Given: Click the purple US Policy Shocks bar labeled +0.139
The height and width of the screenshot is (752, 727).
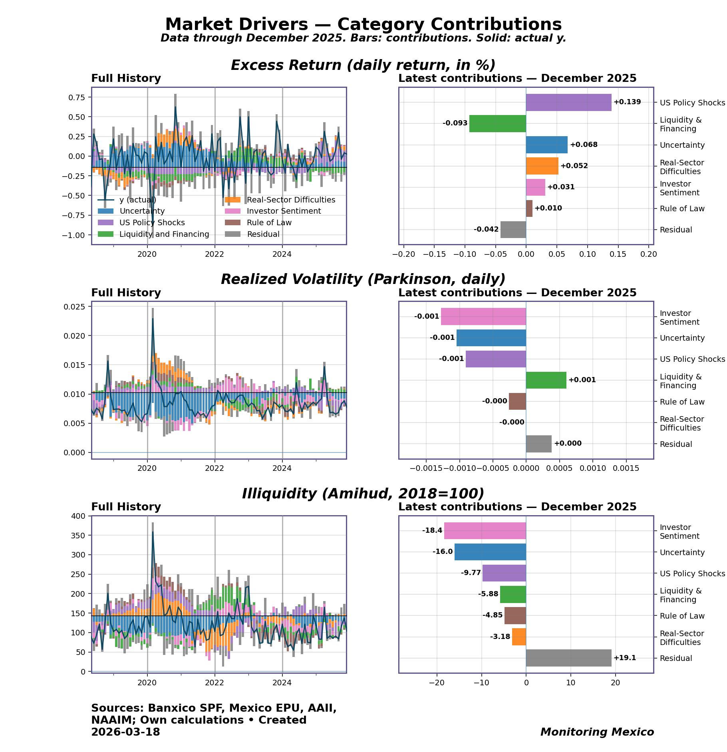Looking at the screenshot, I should point(568,102).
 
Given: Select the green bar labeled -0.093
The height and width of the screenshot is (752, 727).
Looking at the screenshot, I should point(497,123).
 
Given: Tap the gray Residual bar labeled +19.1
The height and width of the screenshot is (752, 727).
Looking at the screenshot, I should point(568,658).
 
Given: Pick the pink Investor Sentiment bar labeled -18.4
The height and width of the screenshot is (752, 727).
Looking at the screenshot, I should point(485,531).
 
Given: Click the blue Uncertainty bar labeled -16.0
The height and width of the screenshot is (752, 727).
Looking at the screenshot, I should point(490,552).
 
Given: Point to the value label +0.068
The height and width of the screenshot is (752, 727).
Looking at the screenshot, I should point(584,145).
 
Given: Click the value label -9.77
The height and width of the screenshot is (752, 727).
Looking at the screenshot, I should point(471,573).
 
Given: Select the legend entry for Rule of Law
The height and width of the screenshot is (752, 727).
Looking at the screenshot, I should point(269,223).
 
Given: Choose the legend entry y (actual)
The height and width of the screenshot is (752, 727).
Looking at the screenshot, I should point(137,200).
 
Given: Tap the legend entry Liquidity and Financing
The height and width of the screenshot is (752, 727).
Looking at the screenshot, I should point(164,234).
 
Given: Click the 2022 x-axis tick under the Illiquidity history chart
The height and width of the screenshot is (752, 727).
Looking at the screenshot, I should point(215,683).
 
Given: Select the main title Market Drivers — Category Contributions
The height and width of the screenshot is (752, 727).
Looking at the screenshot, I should point(363,24).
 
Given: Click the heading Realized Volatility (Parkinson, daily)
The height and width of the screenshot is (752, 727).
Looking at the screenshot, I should point(363,279).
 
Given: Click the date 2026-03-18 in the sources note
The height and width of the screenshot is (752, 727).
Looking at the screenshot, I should point(125,732).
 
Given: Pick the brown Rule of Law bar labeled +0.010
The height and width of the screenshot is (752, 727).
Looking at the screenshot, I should point(529,208).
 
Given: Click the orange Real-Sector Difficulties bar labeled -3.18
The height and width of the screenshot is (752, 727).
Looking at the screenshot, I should point(519,637).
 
